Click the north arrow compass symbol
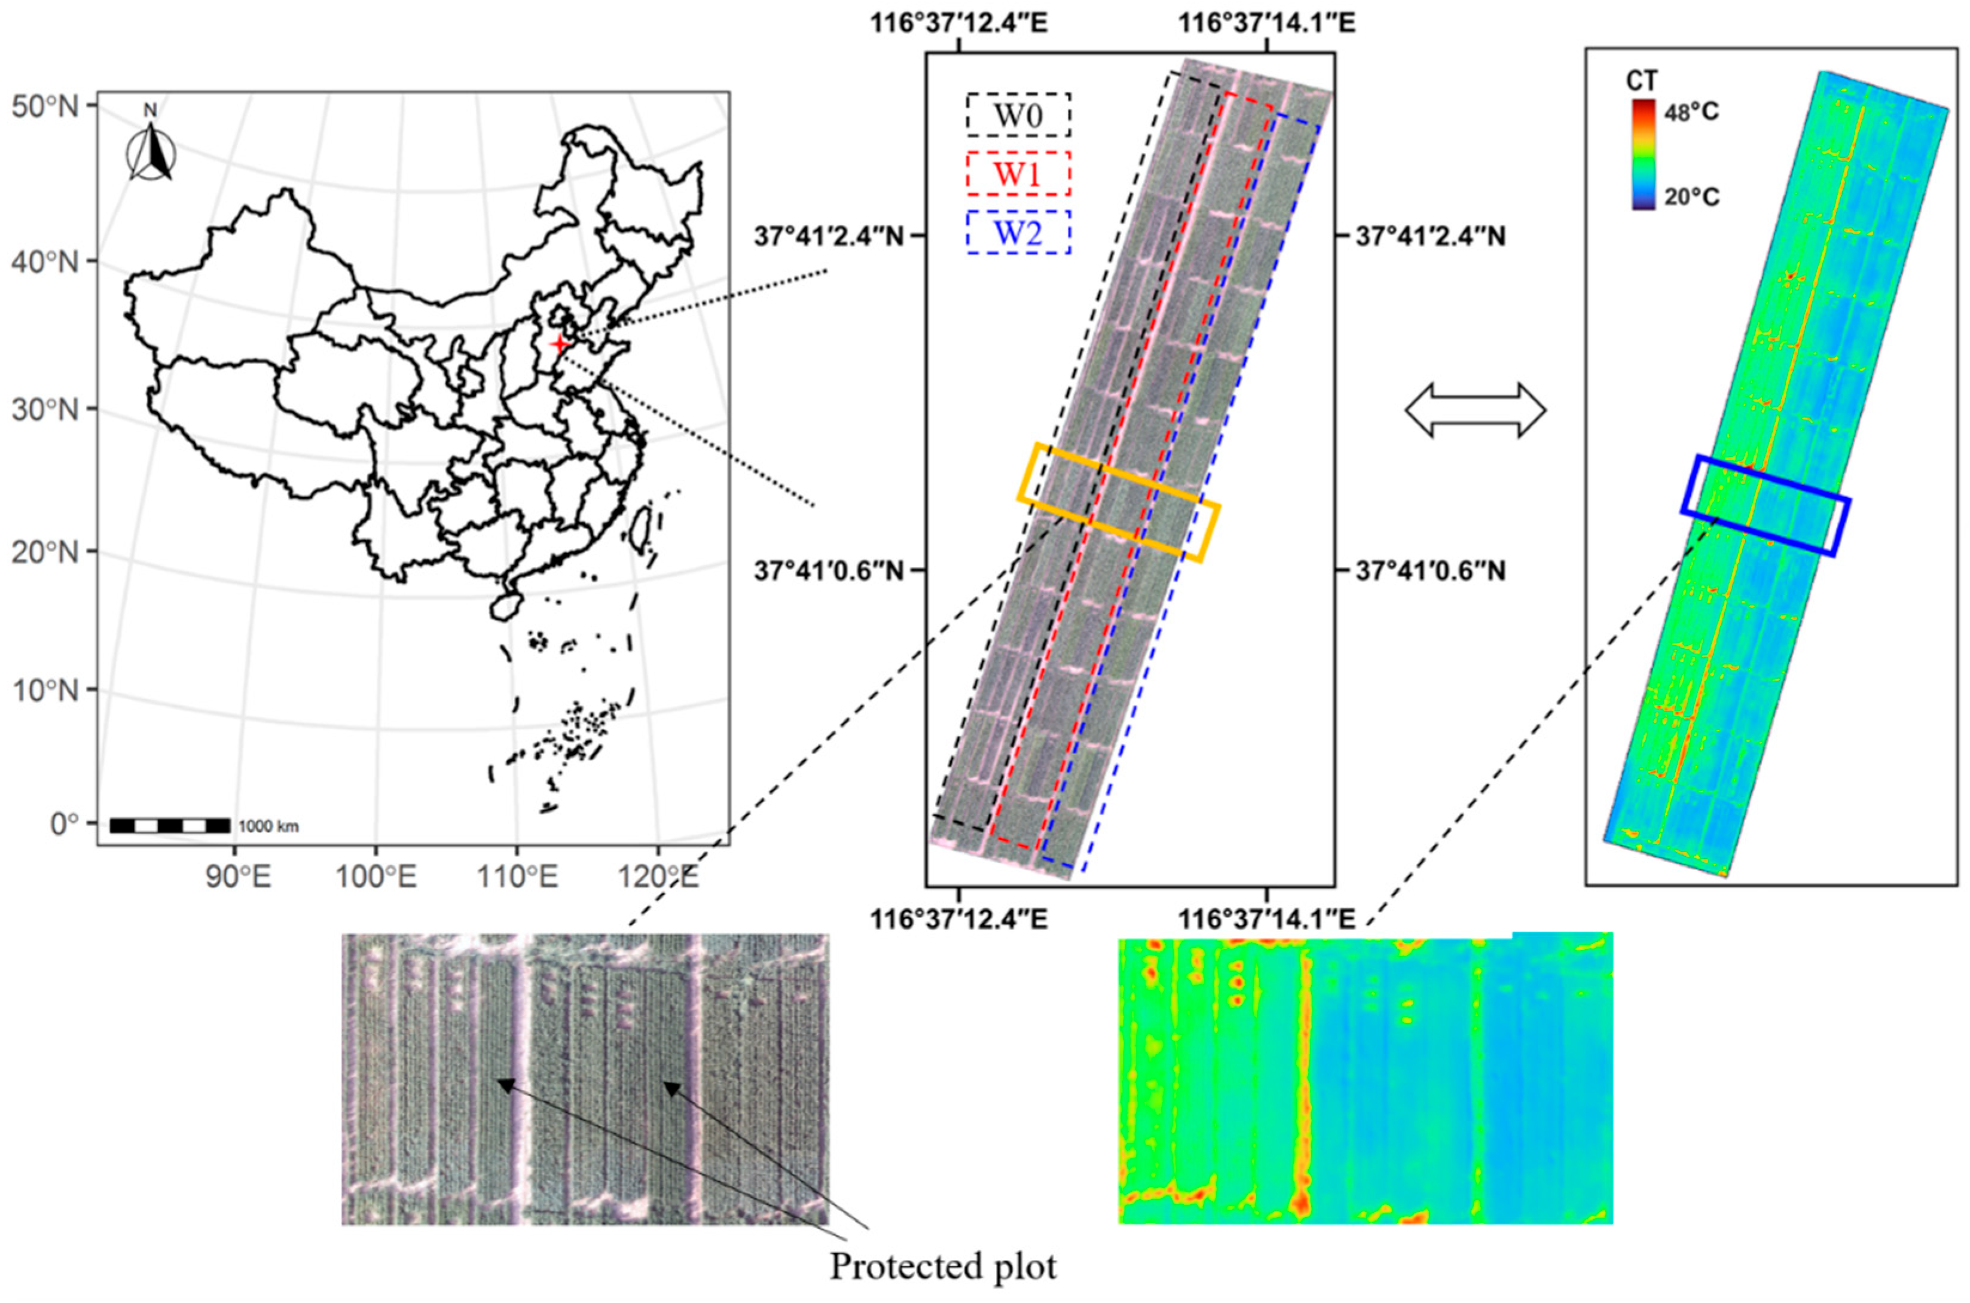point(151,152)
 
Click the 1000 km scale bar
point(170,825)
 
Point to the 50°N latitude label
point(45,107)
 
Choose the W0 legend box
point(1018,115)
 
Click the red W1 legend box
point(1018,173)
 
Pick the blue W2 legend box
point(1018,233)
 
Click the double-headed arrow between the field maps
point(1475,410)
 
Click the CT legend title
point(1642,81)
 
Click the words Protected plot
point(943,1267)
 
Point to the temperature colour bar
point(1642,154)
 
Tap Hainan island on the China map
point(505,606)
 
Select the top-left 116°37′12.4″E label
point(959,23)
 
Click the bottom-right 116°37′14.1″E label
point(1267,920)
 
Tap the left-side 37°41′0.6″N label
point(827,571)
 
